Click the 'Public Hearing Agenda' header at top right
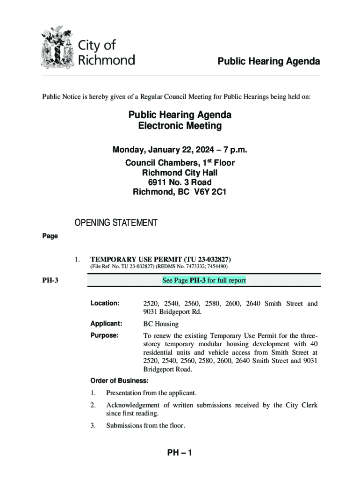[267, 62]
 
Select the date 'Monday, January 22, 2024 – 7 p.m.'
[180, 150]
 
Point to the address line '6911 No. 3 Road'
[180, 182]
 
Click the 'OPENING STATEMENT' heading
[116, 223]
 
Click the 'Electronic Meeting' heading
[180, 126]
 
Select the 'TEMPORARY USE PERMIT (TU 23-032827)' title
[160, 259]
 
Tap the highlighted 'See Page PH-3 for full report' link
[204, 280]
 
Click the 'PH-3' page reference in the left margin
[50, 281]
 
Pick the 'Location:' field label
[105, 303]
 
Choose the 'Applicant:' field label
[106, 323]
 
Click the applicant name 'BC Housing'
[161, 324]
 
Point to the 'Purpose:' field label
[104, 335]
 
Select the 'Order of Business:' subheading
[119, 381]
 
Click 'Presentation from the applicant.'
[151, 393]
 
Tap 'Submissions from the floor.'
[145, 426]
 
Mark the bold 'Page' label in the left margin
[50, 236]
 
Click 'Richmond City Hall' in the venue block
[180, 172]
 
